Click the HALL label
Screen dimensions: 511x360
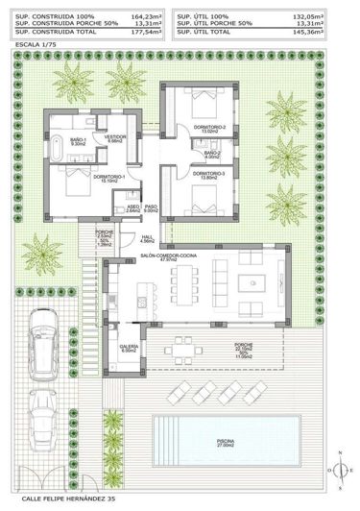(147, 239)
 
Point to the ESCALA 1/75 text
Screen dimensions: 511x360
(29, 43)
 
